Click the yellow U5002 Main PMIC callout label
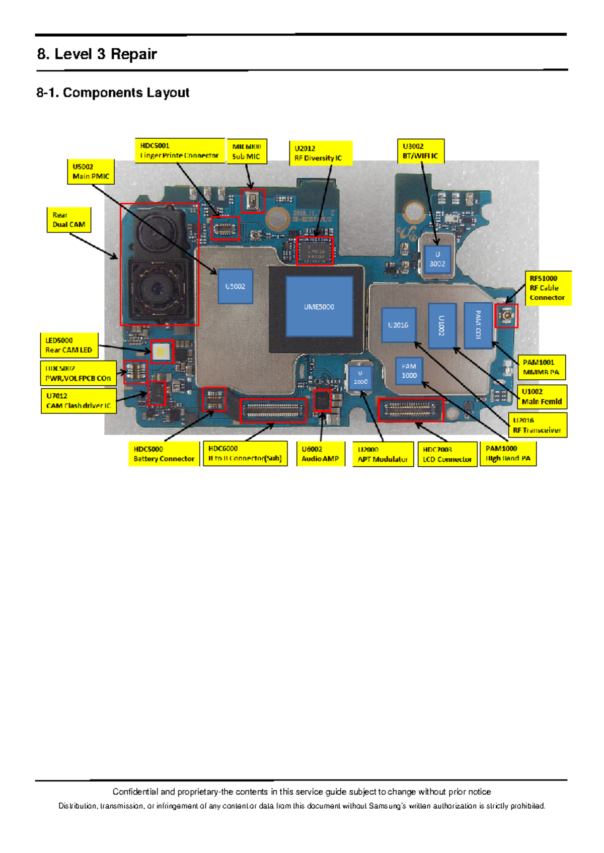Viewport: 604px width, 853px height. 91,172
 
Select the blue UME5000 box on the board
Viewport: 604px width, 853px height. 319,306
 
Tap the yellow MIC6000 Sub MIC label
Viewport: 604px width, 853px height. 247,151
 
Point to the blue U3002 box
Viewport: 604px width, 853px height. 437,259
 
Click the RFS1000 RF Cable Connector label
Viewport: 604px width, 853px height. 548,288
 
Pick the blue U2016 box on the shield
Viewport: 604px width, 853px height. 398,325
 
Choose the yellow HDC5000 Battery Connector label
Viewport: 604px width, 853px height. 164,454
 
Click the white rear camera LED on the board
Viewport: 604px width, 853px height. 161,352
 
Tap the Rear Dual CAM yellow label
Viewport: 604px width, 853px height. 68,220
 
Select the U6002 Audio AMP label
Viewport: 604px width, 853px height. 321,454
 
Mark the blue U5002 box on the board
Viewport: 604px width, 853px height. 235,286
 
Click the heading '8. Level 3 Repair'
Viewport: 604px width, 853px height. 97,54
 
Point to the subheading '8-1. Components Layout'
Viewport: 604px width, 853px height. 113,93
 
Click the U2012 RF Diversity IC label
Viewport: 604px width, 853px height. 320,153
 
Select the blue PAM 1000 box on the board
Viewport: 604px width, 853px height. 409,371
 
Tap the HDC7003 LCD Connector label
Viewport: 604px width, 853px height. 447,454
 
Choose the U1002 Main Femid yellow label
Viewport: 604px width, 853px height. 542,396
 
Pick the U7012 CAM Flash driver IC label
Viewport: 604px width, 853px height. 79,400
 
